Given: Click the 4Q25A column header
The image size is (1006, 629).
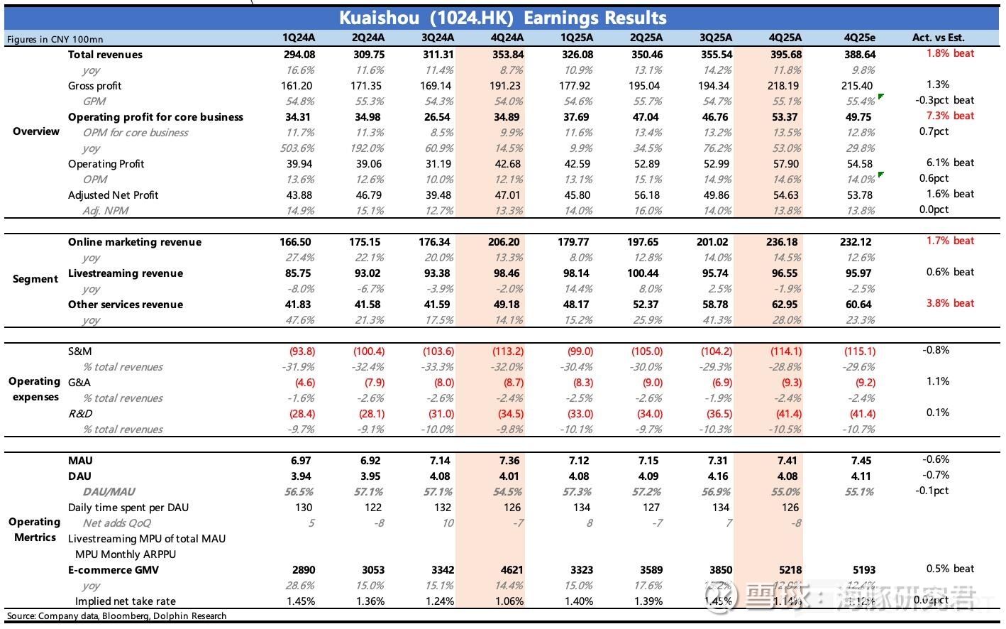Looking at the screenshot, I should coord(785,38).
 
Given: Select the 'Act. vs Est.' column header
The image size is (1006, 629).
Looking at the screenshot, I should coord(938,38).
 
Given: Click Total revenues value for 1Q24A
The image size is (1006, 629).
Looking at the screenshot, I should coord(299,55).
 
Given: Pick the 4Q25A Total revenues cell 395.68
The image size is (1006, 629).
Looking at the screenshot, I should coord(785,55).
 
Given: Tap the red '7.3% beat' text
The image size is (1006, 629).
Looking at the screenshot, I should coord(950,116).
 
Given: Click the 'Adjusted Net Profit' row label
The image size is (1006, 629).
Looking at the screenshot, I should coord(113,195).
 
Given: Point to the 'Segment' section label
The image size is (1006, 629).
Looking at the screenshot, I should coord(35,279).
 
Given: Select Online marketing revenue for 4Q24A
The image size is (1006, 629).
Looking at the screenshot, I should coord(507,242).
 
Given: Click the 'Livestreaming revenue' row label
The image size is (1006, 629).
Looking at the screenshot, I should coord(125,273).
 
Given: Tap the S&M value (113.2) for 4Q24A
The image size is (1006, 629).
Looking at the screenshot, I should coord(507,351).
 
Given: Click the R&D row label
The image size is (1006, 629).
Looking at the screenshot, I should coord(80,414).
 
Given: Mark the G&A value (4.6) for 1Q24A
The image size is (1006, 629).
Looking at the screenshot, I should coord(303,383).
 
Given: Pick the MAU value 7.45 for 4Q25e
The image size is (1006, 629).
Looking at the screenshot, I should coord(861,461).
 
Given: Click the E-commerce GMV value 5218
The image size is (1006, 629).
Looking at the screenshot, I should coord(790,570).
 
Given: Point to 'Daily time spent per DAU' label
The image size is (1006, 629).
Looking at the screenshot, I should coord(128,508).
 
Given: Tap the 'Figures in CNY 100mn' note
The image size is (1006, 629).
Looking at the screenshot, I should coord(55,39).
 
